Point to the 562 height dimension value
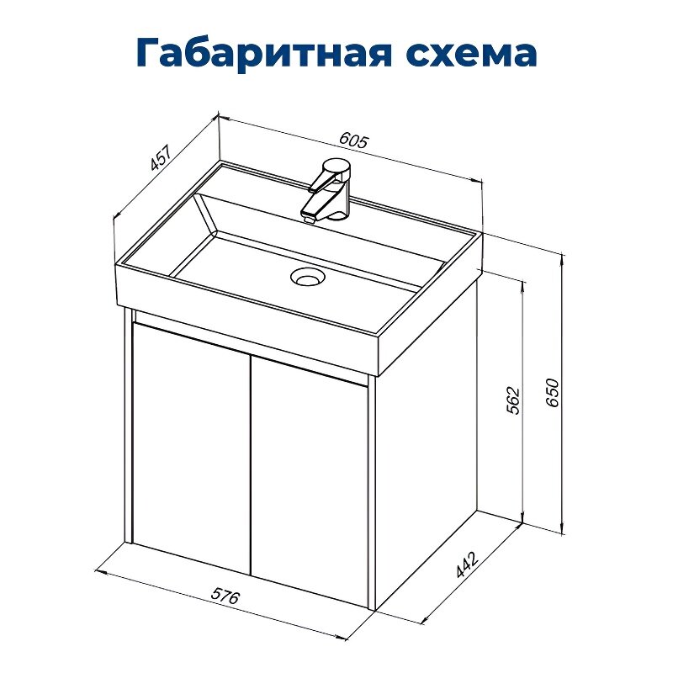513,402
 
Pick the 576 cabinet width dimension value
225,598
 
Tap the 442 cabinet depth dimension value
464,566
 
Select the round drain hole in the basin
308,275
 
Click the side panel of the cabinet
425,446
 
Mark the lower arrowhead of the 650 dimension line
562,529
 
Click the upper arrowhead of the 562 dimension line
522,279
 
